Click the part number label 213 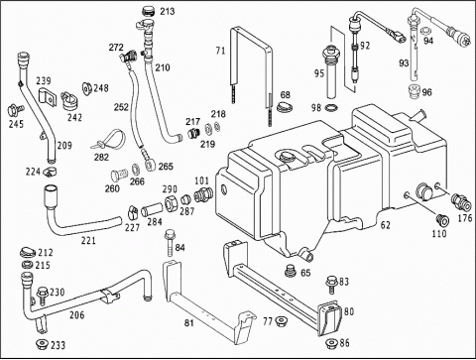click(x=168, y=11)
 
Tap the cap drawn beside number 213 click(x=149, y=12)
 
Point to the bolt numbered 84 click(x=170, y=242)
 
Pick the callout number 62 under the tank click(x=386, y=225)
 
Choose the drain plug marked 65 click(x=291, y=271)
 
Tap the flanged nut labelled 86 click(x=331, y=344)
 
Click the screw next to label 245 click(x=15, y=110)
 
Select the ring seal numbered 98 click(x=330, y=107)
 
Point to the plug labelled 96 click(x=414, y=91)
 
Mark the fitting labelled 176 click(x=461, y=201)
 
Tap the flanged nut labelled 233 click(x=42, y=344)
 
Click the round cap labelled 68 click(x=283, y=107)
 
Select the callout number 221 click(x=88, y=240)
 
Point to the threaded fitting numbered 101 click(x=202, y=195)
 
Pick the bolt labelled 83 click(x=332, y=285)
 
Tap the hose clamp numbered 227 click(x=133, y=212)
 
